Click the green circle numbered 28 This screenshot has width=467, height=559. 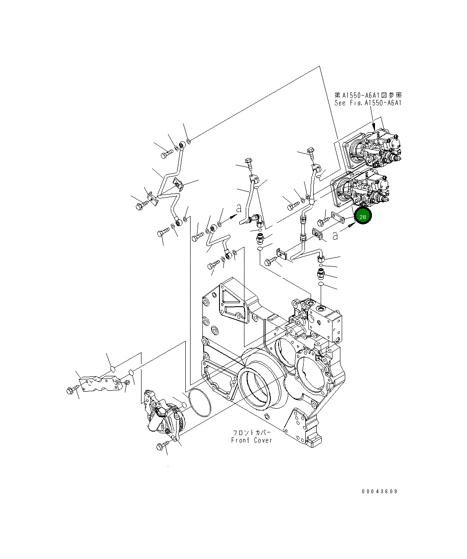click(363, 216)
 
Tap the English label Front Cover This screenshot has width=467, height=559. click(251, 440)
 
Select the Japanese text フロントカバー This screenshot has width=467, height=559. click(252, 432)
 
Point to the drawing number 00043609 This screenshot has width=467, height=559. click(379, 492)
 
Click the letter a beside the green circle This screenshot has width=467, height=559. click(335, 236)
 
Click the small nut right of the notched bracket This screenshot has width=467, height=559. click(127, 383)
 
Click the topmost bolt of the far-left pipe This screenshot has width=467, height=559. click(165, 154)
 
